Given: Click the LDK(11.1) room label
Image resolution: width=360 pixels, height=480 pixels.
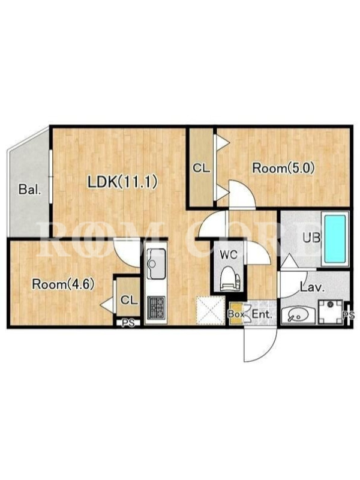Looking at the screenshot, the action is [x=123, y=182].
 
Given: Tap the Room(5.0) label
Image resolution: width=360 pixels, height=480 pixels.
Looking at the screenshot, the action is [x=283, y=168].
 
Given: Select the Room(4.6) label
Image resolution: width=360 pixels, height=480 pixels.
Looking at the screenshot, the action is [x=63, y=284].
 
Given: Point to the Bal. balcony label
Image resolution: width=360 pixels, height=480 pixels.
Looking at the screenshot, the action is [x=29, y=189].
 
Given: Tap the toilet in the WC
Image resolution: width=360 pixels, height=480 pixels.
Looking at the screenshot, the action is [x=229, y=278].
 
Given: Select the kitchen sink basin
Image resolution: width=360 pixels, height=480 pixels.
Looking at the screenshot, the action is [x=156, y=263].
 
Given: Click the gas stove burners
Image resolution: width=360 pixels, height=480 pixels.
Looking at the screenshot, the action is [x=157, y=307].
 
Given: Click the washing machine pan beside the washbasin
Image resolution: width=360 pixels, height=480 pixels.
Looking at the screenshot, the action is [x=331, y=312].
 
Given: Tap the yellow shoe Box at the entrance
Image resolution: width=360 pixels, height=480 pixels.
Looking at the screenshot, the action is [x=236, y=314].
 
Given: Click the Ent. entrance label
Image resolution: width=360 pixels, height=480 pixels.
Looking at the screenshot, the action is [x=262, y=314].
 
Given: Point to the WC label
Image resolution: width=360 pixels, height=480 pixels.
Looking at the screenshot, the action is [x=229, y=256].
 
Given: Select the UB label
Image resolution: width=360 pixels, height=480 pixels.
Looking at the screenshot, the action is [x=311, y=238].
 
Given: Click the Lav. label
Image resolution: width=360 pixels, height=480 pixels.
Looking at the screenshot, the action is [x=312, y=287].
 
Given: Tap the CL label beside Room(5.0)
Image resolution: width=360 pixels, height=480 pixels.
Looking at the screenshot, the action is [x=201, y=168].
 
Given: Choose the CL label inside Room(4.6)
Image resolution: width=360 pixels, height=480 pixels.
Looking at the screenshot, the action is [x=129, y=301].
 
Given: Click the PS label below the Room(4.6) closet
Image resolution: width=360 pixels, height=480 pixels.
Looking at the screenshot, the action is [x=128, y=323].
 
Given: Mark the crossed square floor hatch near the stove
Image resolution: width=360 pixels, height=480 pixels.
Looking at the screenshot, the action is [x=211, y=310].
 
